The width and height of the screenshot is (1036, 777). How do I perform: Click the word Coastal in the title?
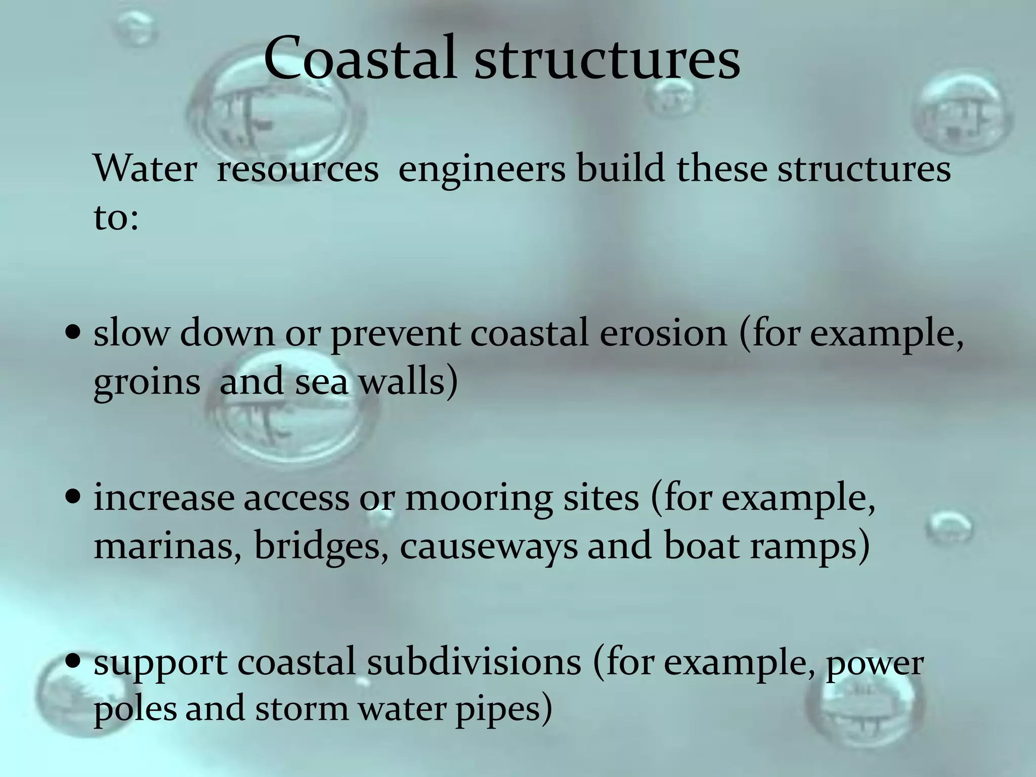point(362,58)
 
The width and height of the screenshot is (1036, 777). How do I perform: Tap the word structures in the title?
point(607,58)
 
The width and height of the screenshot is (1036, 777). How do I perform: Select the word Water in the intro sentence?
point(145,168)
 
